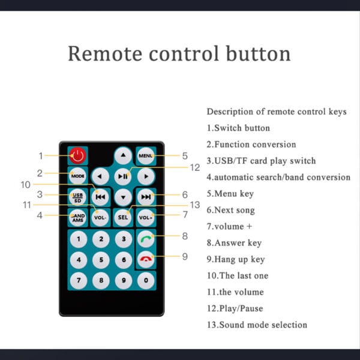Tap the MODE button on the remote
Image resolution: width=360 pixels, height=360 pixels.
click(77, 176)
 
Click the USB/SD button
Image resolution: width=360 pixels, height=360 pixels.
click(77, 197)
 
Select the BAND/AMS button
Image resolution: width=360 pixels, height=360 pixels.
click(77, 218)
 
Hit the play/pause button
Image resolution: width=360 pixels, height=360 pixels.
click(123, 176)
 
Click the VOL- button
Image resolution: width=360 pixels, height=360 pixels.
click(100, 218)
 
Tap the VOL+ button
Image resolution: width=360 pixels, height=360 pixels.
click(146, 218)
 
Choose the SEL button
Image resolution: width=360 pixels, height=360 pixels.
click(123, 218)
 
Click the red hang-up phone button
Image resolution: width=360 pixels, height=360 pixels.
click(146, 259)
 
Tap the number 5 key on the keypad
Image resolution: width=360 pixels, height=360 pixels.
click(101, 260)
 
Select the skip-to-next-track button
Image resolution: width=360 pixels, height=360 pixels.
click(146, 197)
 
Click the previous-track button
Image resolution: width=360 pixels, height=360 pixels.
click(100, 197)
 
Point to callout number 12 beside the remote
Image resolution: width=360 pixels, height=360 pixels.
click(195, 167)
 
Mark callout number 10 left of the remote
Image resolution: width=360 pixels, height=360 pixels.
click(25, 185)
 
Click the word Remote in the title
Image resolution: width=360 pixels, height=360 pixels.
click(105, 54)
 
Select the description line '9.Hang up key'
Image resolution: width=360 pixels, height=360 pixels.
click(236, 259)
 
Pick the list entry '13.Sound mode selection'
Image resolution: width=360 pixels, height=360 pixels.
click(257, 325)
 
